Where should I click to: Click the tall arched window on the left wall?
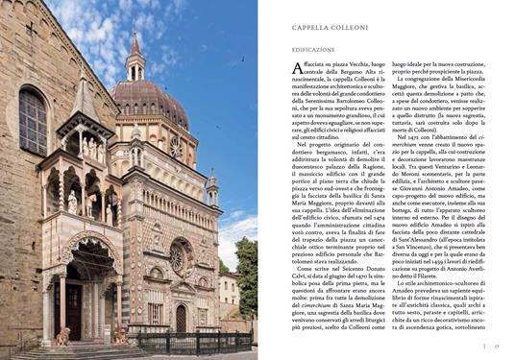tap(32, 120)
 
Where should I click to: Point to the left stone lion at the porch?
tap(63, 336)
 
